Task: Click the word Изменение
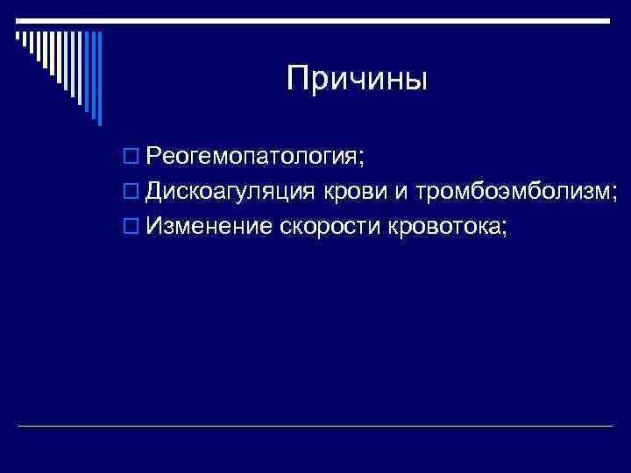[x=209, y=227]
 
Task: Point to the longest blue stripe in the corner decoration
[x=98, y=79]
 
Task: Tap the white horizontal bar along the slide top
[x=315, y=19]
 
